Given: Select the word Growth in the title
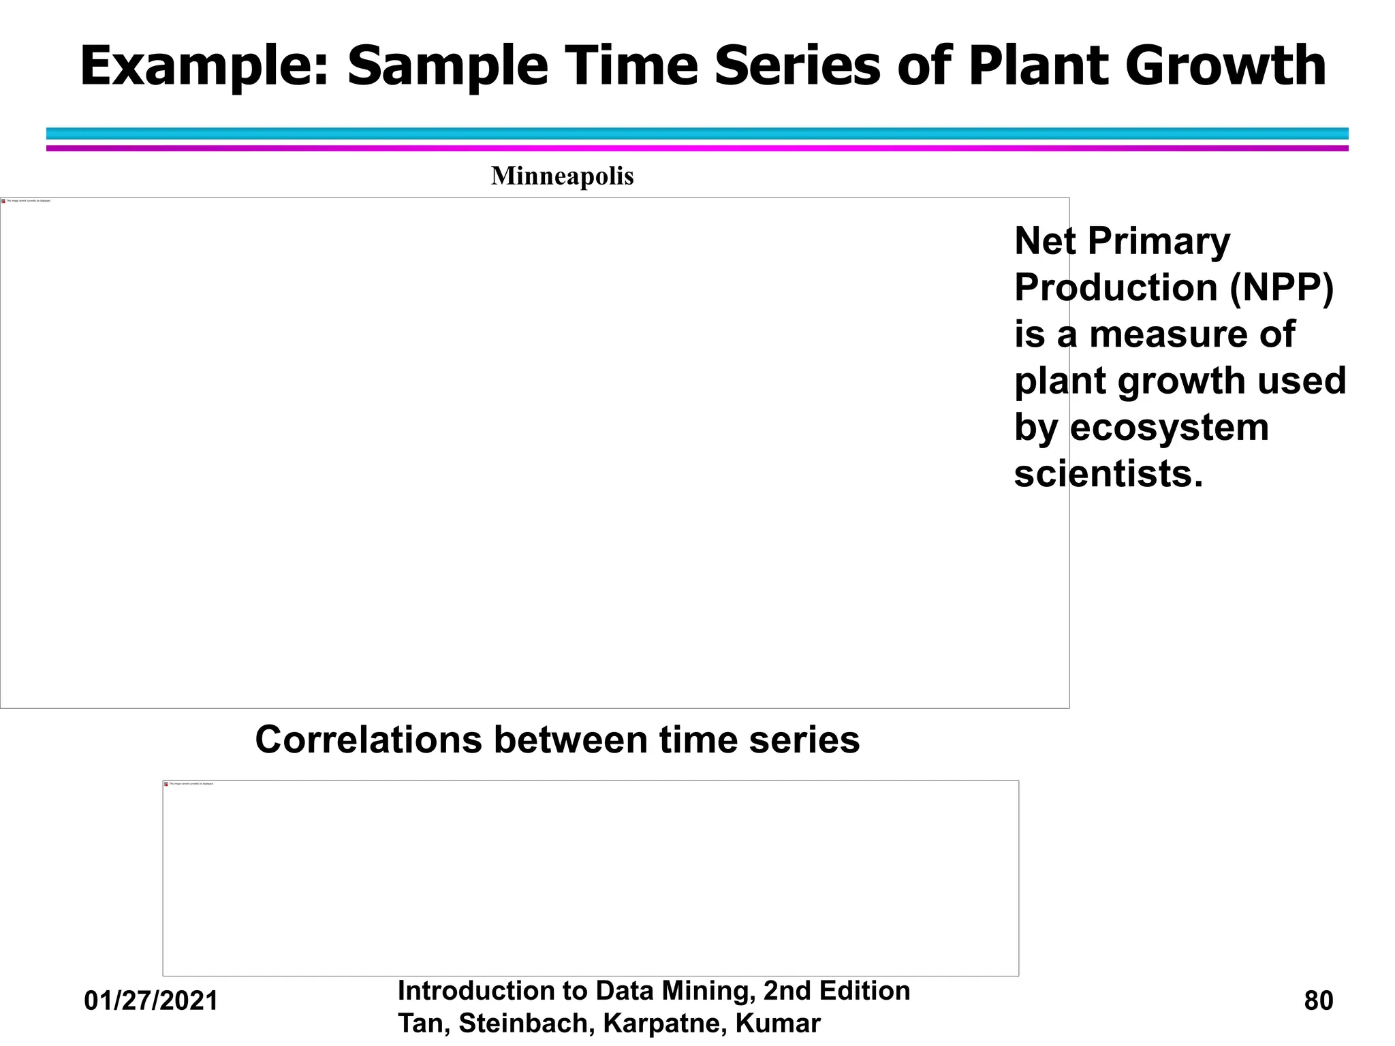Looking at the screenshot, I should coord(1225,67).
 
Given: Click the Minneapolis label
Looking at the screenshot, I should coord(562,176).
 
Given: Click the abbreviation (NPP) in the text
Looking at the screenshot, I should coord(1281,287).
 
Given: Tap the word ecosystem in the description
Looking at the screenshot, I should coord(1169,428).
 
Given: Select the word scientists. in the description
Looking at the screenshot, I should coord(1108,474).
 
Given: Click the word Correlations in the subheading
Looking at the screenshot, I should coord(368,740).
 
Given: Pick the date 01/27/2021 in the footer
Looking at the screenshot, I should coord(151,1001).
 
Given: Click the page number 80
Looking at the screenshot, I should coord(1318,1001).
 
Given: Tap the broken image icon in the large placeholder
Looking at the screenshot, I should coord(3,201).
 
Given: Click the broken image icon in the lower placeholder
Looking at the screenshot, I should coord(166,784).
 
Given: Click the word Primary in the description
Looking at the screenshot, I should coord(1159,241).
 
